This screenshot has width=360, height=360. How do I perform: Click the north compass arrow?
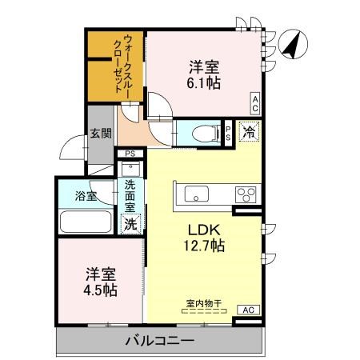tap(293, 44)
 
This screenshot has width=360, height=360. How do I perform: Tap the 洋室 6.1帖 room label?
tap(205, 74)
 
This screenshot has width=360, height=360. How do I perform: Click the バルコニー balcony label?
tap(160, 342)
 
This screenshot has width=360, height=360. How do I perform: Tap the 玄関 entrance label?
tap(101, 134)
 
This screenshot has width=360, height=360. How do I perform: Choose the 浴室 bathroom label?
tap(86, 194)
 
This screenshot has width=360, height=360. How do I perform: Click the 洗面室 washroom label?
tap(130, 198)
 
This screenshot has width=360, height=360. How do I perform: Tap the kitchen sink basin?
tap(196, 194)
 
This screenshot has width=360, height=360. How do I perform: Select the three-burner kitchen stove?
tap(244, 194)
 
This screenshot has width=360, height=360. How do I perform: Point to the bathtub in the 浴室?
tap(88, 222)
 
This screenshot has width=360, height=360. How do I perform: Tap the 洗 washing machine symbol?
tap(130, 224)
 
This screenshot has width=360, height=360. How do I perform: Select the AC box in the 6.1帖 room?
tap(254, 102)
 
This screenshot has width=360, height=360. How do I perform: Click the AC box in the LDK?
tap(247, 309)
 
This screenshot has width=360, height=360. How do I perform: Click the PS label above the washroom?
tap(130, 154)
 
